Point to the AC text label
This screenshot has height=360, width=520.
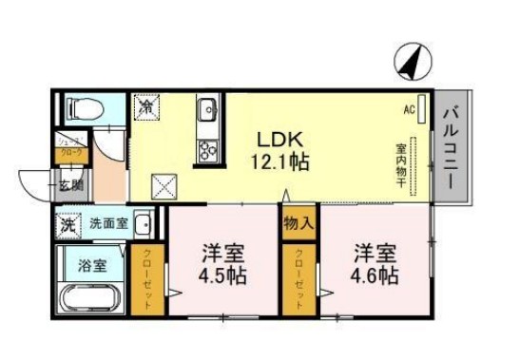click(408, 110)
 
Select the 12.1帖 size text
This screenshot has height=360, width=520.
click(272, 161)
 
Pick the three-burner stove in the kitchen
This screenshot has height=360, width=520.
click(207, 148)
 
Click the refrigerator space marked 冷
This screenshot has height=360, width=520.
click(148, 106)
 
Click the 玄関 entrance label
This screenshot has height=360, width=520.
click(72, 186)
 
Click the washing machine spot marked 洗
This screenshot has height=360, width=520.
click(67, 227)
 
